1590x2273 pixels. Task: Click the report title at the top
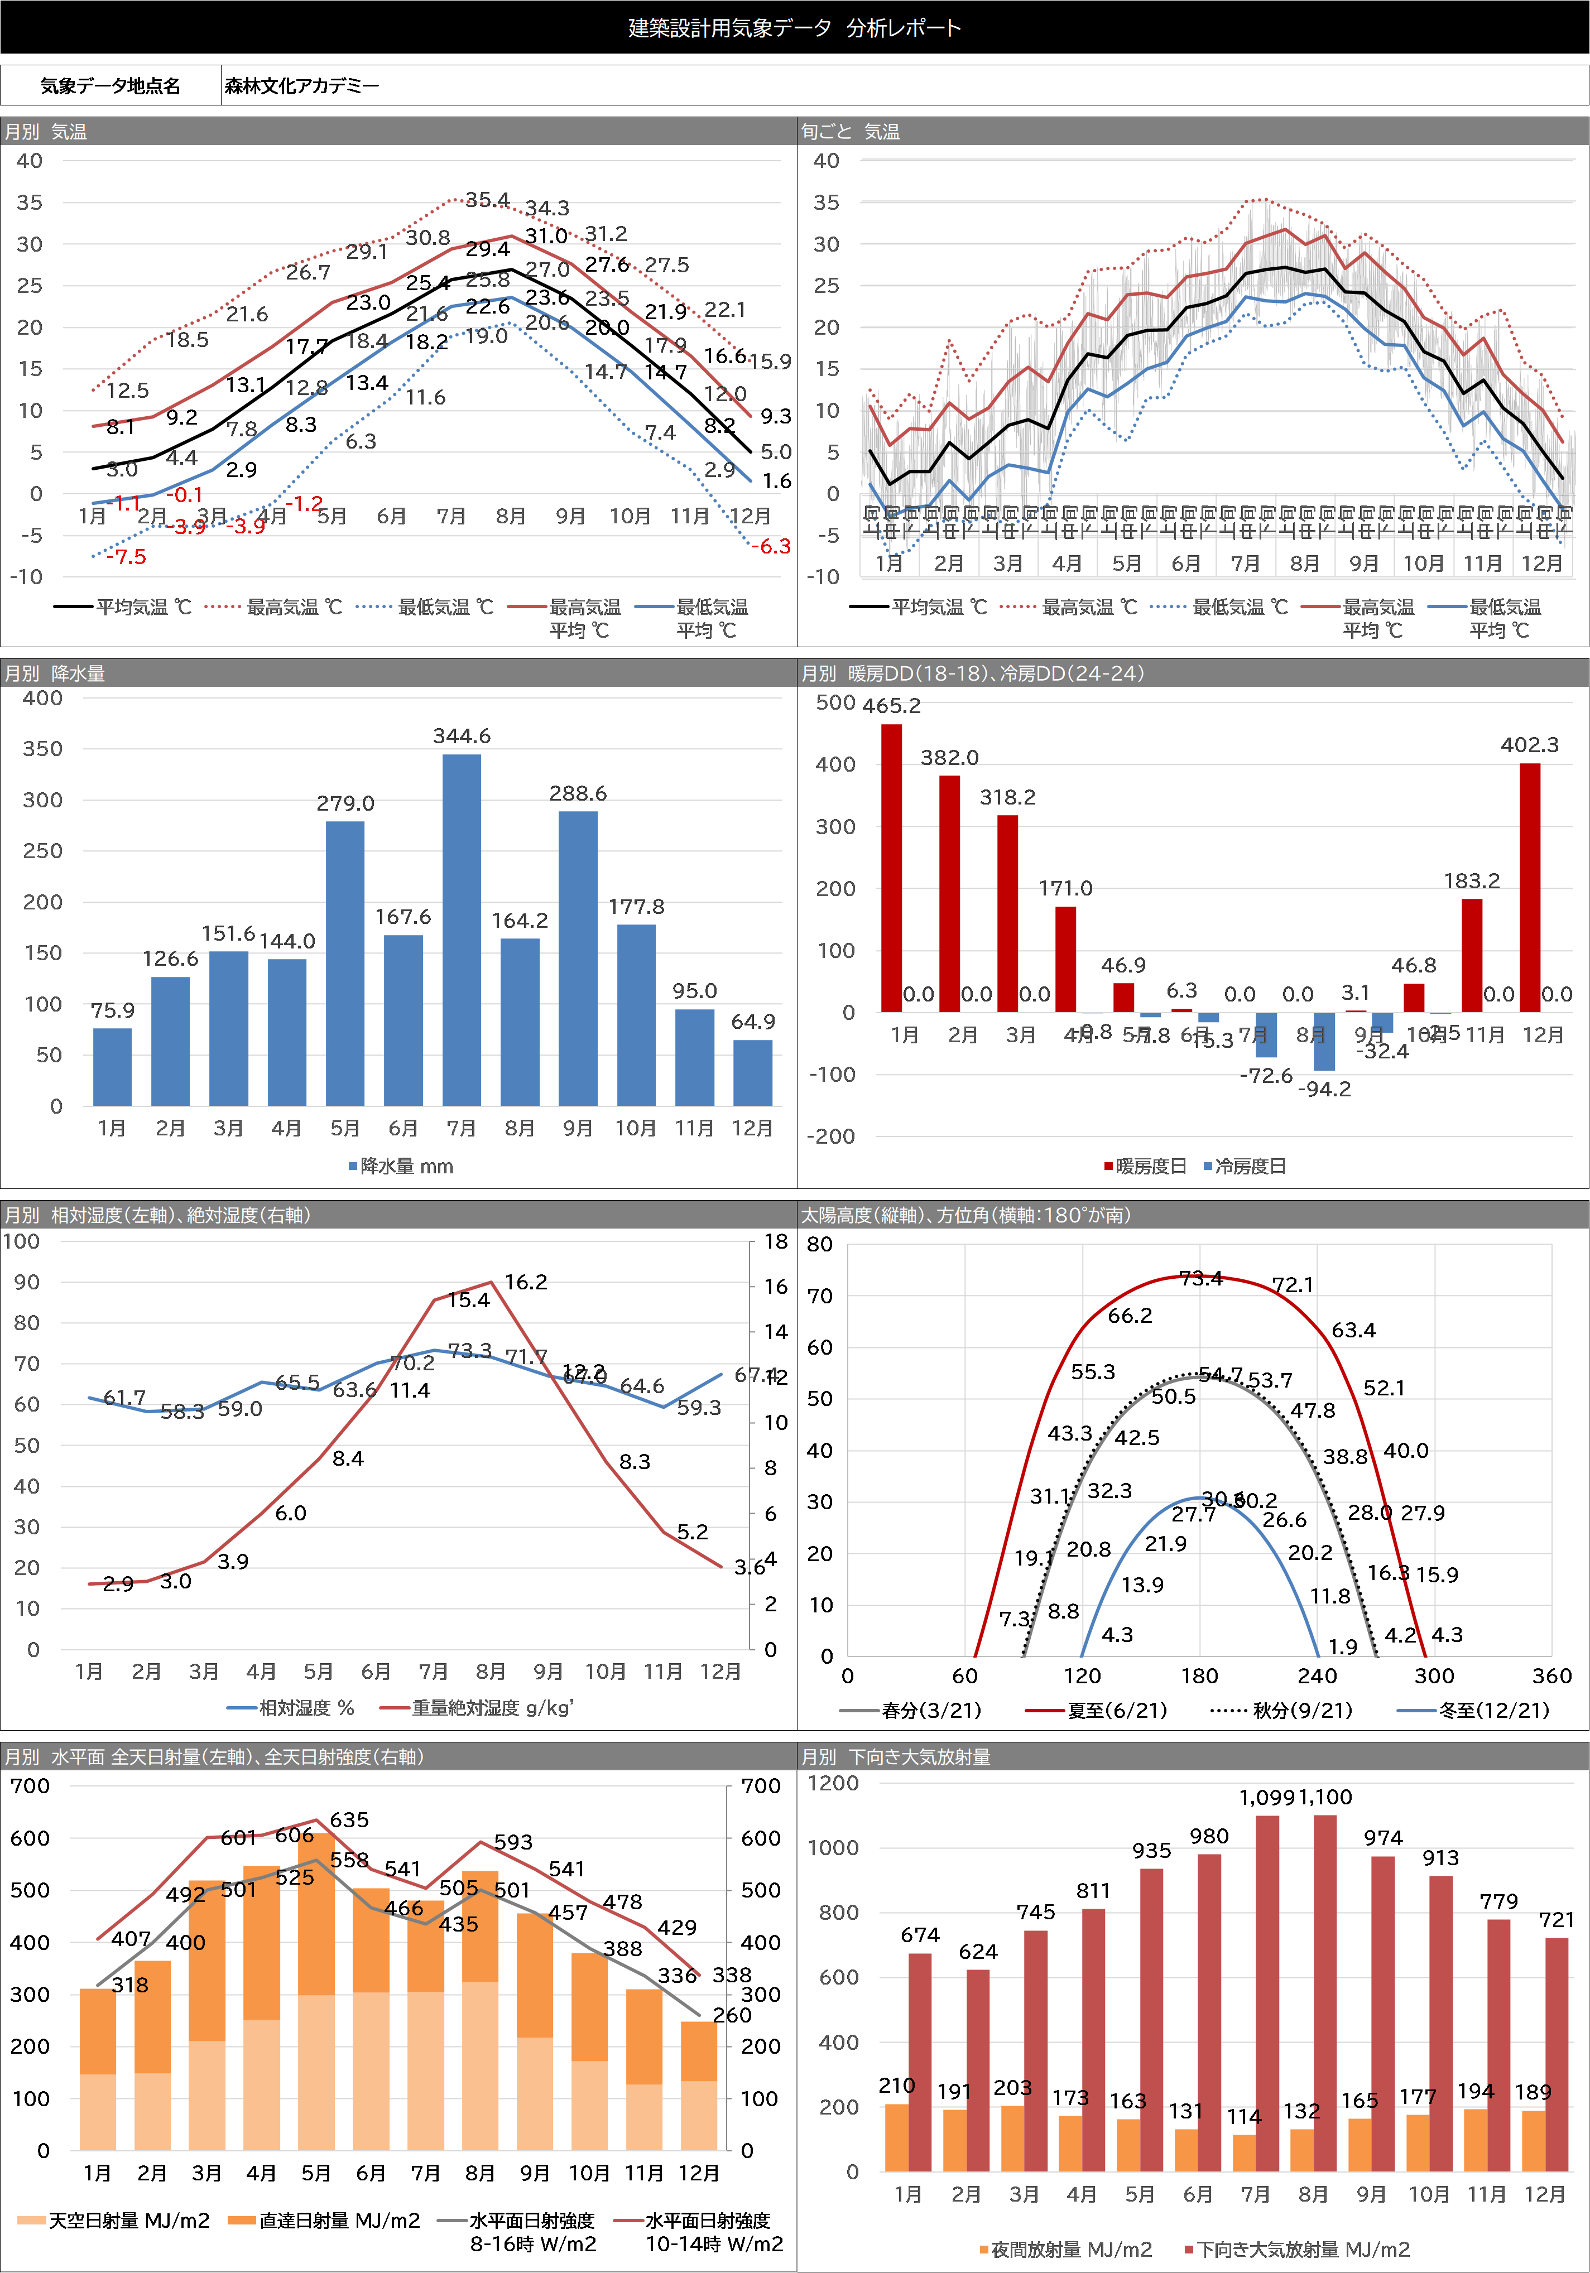(x=794, y=28)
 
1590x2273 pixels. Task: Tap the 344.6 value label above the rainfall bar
(x=462, y=735)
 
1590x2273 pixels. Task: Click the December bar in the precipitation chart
(x=752, y=1072)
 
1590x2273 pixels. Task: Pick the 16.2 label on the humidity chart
(x=526, y=1282)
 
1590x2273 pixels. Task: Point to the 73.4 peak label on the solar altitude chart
(x=1201, y=1278)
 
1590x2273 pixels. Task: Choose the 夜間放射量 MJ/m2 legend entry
(x=1070, y=2249)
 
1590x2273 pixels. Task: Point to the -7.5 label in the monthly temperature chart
(x=126, y=556)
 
